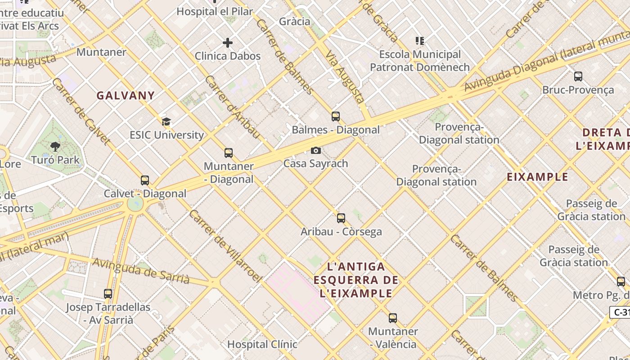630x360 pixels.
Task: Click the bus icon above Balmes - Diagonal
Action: coord(336,117)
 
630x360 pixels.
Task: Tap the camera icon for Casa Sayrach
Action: coord(316,150)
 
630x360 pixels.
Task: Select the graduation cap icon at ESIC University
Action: coord(166,121)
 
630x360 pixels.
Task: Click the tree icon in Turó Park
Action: coord(55,146)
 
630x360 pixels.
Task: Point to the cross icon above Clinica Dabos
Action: coord(228,43)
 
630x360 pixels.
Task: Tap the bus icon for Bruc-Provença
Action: coord(578,76)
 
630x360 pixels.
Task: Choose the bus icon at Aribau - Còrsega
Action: coord(341,218)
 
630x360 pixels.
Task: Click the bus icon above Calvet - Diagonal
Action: coord(145,180)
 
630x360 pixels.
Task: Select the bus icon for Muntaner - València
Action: coord(393,318)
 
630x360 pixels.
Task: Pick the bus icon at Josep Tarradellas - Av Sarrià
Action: coord(108,294)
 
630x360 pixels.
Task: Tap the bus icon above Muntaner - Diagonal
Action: coord(229,153)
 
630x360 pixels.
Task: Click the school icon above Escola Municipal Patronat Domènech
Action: coord(420,41)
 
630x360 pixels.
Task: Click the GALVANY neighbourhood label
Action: coord(126,95)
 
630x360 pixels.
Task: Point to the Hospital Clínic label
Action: coord(262,344)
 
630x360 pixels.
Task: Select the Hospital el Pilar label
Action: coord(215,11)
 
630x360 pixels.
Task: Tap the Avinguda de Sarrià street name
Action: coord(141,270)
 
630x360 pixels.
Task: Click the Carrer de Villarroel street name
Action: coord(225,246)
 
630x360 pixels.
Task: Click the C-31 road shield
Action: coord(620,312)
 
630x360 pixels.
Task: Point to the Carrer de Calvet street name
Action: coord(81,111)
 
